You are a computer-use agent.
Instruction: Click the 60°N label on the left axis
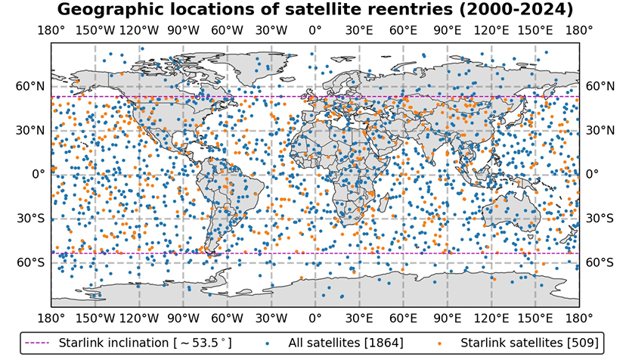(31, 86)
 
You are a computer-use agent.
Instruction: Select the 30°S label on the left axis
(31, 219)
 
